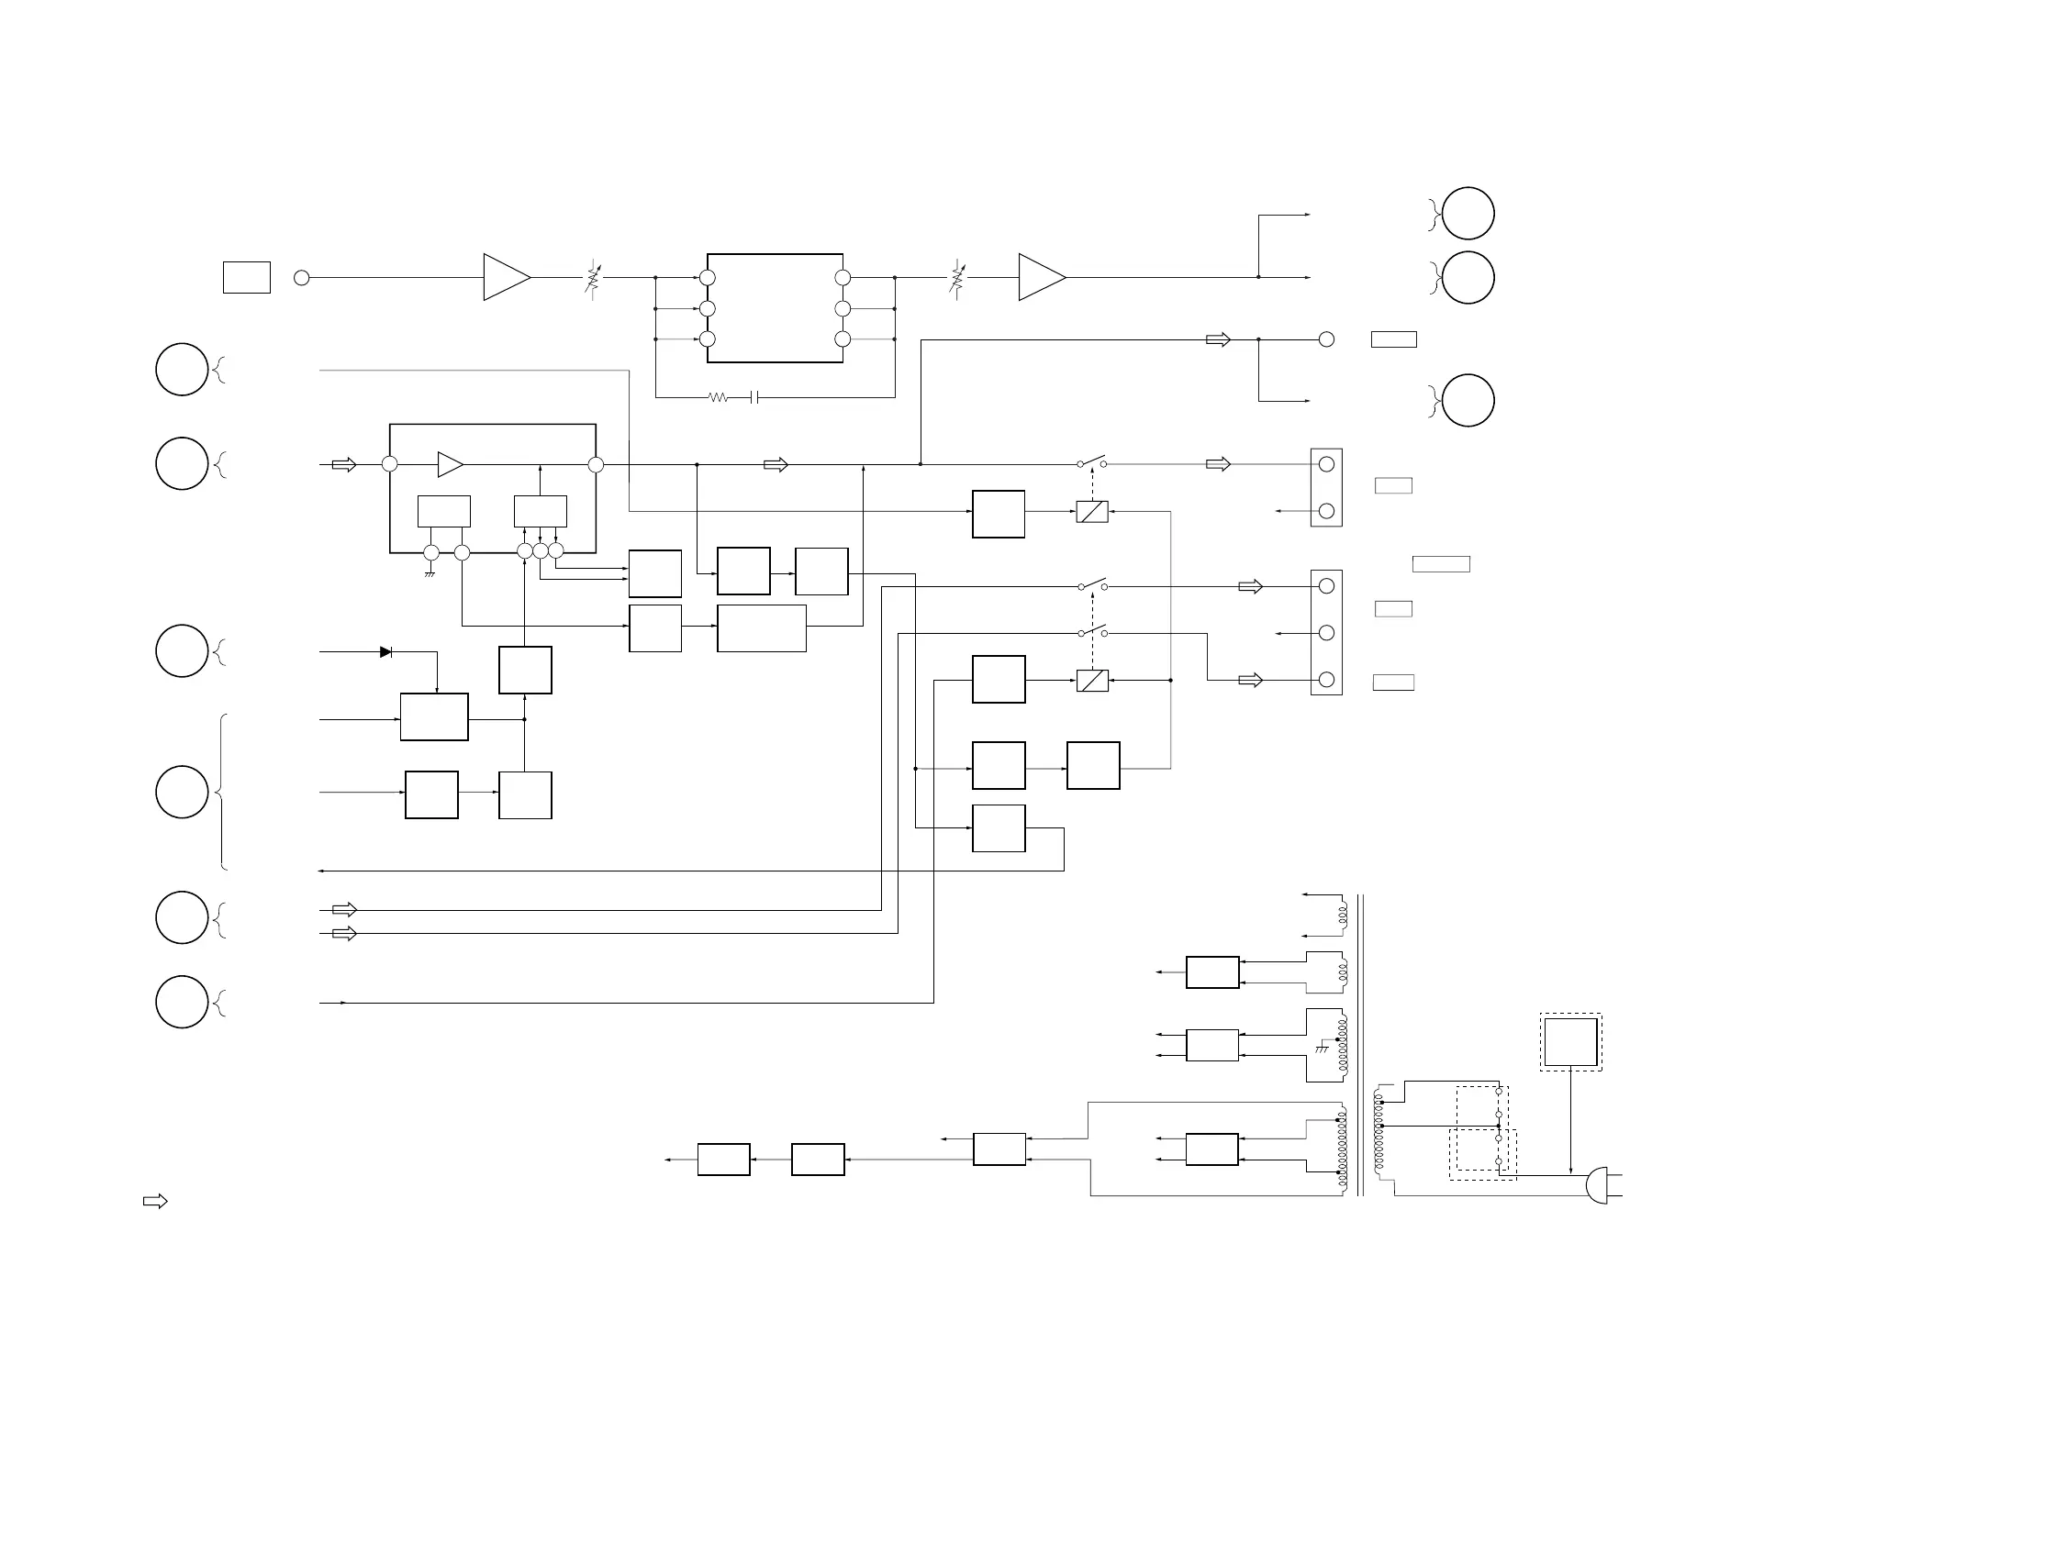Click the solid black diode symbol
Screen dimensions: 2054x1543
coord(385,651)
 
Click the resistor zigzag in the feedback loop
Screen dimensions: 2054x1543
coord(718,397)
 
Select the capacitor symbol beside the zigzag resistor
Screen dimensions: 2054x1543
coord(755,397)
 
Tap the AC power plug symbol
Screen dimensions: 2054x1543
coord(1597,1185)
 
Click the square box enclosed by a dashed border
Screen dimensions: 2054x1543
coord(1570,1042)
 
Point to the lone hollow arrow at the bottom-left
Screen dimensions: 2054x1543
coord(155,1202)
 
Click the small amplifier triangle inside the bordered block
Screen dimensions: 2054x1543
coord(450,464)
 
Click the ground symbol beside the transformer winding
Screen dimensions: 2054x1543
coord(1323,1049)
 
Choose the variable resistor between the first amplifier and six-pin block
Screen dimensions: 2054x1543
coord(592,278)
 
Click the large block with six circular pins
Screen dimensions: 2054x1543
coord(775,308)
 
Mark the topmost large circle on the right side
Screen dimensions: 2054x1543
coord(1468,214)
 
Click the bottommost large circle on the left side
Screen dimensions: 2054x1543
coord(182,1002)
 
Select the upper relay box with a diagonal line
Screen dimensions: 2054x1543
coord(1092,512)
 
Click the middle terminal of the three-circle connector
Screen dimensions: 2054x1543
coord(1326,633)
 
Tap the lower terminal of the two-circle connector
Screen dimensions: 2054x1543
coord(1326,511)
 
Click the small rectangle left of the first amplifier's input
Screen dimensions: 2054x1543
coord(246,278)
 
